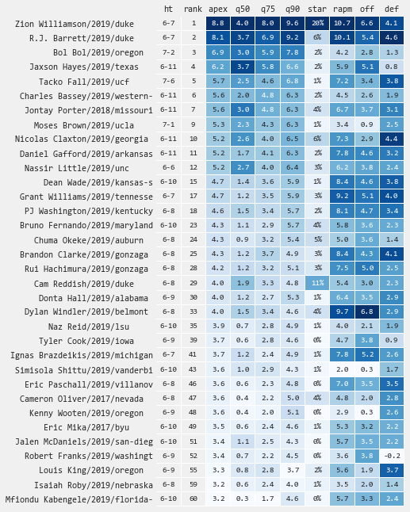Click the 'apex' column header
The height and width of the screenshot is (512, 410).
coord(218,9)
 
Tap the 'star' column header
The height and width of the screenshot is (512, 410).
coord(317,9)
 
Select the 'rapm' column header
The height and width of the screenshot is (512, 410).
coord(342,9)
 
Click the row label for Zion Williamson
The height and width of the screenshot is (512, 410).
coord(75,24)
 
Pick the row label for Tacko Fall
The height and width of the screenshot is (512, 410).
coord(84,82)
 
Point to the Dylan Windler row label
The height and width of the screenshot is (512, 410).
coord(86,311)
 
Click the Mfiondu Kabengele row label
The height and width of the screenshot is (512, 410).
coord(79,499)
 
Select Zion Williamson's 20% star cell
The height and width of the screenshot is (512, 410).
coord(317,24)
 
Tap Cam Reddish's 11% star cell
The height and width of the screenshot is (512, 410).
coord(317,283)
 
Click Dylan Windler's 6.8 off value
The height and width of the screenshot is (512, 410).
coord(367,311)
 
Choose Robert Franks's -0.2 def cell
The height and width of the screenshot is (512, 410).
coord(392,456)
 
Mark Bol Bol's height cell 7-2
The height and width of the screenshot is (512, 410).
coord(168,52)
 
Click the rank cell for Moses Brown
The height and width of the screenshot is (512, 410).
coord(194,124)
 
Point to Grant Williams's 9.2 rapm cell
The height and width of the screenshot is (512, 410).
coord(342,197)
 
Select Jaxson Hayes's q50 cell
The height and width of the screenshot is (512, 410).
coord(243,67)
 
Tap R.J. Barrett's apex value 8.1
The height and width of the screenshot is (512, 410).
coord(218,38)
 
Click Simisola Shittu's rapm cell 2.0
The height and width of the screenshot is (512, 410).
coord(342,369)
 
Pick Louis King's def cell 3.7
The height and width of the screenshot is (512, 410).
coord(392,470)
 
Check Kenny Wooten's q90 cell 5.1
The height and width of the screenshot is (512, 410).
coord(293,412)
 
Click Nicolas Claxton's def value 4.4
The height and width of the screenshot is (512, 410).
coord(392,139)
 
